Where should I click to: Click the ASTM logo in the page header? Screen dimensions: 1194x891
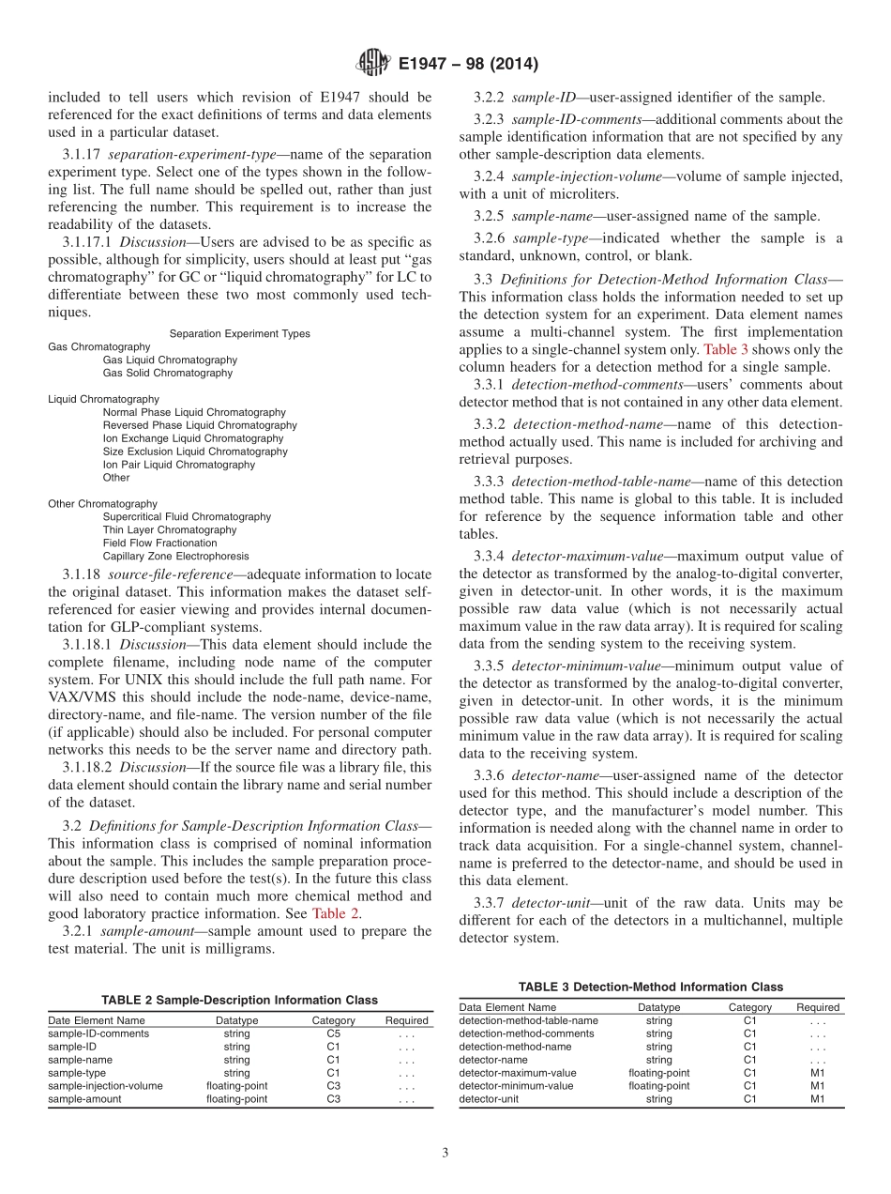point(372,64)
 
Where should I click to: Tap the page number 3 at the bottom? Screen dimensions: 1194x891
point(445,1154)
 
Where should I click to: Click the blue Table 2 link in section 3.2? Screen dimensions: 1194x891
point(336,913)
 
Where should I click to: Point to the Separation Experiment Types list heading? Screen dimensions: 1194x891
point(239,333)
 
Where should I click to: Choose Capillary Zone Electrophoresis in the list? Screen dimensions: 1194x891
point(175,556)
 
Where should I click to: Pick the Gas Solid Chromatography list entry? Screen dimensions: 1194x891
point(167,373)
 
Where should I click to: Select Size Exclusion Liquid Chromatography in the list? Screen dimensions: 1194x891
point(195,452)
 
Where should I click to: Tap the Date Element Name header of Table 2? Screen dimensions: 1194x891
point(97,1020)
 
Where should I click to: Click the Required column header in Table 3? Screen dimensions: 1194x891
point(818,1007)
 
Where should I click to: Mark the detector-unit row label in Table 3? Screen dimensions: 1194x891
point(489,1099)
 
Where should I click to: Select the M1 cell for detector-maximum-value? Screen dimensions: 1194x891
point(818,1073)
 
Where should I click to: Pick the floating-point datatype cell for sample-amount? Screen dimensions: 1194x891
point(236,1099)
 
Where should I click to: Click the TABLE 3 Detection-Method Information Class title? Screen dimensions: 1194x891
point(650,987)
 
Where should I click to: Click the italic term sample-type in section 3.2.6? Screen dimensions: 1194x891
point(540,238)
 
